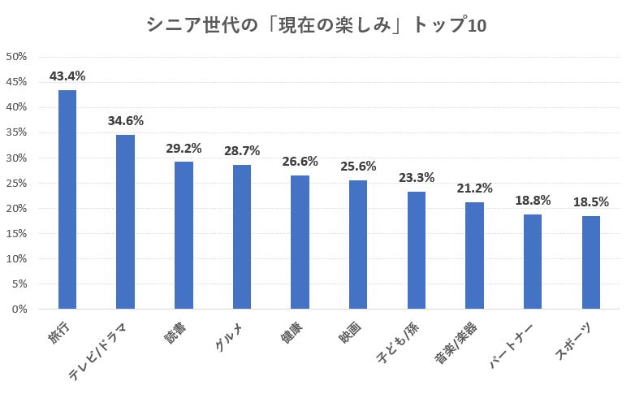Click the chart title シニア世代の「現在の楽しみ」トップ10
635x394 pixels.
coord(317,25)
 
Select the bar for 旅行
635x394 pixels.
coord(67,200)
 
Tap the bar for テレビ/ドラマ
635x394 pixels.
coord(125,222)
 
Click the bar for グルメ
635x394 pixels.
coord(242,237)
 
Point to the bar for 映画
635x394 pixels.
coord(358,245)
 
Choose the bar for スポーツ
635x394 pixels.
coord(591,262)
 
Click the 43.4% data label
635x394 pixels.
coord(67,76)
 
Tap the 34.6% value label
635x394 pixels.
coord(125,121)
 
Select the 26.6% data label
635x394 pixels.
coord(300,162)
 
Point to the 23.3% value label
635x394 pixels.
coord(416,178)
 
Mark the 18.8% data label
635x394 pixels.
coord(532,201)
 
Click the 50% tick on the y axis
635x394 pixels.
coord(17,57)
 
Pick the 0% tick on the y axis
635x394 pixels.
coord(20,310)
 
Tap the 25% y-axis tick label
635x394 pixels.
coord(17,184)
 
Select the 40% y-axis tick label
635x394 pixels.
coord(17,107)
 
